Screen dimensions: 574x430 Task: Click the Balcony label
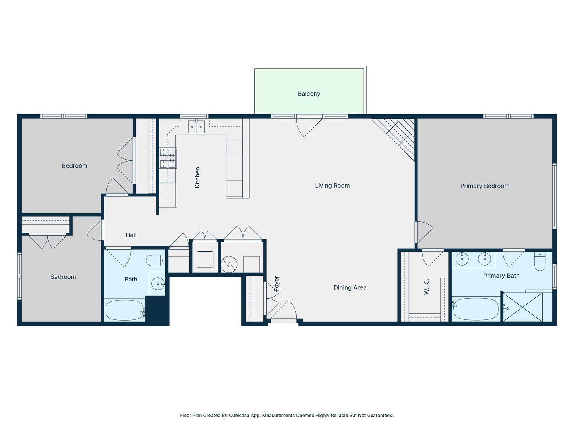click(x=309, y=94)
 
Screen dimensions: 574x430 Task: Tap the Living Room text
click(x=332, y=186)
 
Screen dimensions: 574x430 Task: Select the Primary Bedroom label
click(x=485, y=186)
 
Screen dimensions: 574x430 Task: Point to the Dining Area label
click(x=350, y=288)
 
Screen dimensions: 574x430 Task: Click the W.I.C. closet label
click(x=426, y=287)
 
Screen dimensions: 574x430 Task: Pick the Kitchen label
click(x=197, y=178)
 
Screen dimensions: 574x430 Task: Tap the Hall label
click(x=131, y=235)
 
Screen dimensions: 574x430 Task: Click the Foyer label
click(x=277, y=283)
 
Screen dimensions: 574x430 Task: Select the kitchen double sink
click(x=197, y=127)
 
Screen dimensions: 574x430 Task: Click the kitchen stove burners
click(x=168, y=158)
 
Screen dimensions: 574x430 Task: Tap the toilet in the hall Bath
click(x=155, y=260)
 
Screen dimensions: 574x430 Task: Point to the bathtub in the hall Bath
click(x=125, y=310)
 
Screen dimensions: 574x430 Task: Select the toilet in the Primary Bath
click(x=539, y=261)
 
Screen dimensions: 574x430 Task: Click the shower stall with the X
click(x=523, y=307)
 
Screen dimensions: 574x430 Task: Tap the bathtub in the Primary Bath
click(x=476, y=309)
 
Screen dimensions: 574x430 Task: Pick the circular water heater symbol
click(x=229, y=264)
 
